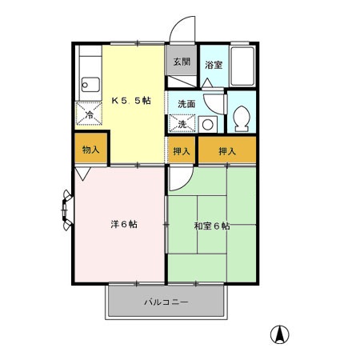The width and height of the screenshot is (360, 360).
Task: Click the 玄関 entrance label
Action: point(181,62)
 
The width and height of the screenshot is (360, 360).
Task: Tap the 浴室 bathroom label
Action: point(213,64)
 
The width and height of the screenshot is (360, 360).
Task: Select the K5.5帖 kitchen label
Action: point(131,101)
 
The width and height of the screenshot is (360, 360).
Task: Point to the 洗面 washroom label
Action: point(186,103)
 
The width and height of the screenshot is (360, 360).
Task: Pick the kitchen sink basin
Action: point(89,83)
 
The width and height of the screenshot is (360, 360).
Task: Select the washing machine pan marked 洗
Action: point(182,124)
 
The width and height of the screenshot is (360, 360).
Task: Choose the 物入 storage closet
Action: point(91,150)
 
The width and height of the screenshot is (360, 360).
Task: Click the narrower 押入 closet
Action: point(182,150)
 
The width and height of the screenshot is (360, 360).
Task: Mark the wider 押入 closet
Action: point(227,150)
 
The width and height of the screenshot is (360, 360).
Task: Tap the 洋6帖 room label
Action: point(123,225)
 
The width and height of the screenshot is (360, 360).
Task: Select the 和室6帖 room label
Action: point(212,226)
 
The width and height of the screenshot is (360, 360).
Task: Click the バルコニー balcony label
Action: point(166,303)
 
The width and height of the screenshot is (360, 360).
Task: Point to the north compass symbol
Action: point(282,334)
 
